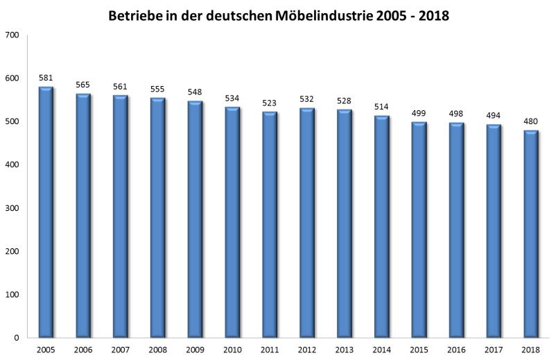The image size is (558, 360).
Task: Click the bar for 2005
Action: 46,212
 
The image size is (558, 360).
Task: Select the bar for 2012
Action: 307,223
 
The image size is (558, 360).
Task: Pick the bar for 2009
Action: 195,219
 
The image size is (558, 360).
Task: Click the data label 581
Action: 46,78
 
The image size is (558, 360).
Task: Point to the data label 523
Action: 270,103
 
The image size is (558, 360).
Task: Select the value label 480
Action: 531,122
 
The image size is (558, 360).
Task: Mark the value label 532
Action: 307,99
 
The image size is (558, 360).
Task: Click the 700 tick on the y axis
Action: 12,35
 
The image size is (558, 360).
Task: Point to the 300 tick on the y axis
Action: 12,208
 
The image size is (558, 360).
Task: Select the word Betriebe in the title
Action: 135,15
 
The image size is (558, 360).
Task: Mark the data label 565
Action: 83,85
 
